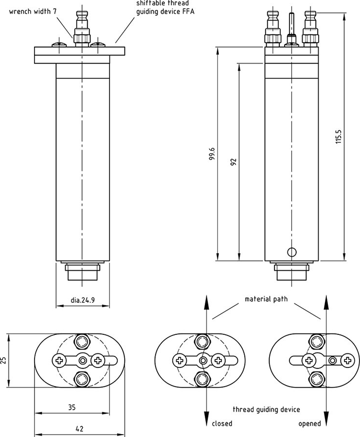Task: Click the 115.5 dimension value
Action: (339, 137)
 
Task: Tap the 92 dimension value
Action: (234, 162)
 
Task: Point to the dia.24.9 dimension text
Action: (82, 300)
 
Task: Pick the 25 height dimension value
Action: (4, 360)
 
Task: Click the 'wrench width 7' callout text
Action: (33, 11)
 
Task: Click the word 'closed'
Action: (222, 423)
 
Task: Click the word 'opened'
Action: (309, 423)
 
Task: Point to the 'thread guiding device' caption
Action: (266, 409)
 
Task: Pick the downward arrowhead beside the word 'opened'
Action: (325, 420)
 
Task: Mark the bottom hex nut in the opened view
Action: (317, 379)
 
